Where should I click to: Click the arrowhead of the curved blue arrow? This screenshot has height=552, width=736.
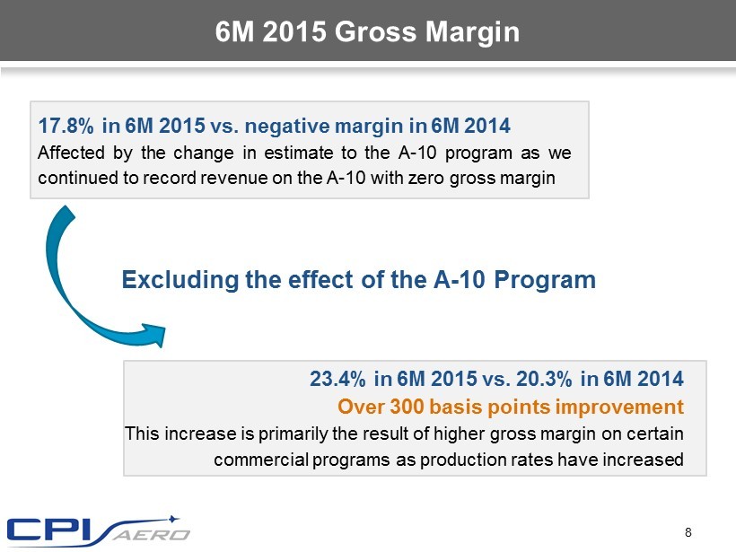pyautogui.click(x=158, y=333)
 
